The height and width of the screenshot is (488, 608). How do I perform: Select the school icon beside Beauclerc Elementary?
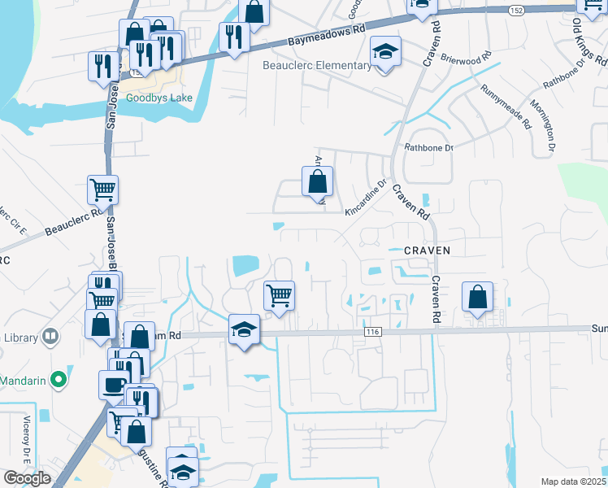tap(385, 52)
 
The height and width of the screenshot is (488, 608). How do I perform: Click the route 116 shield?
tap(373, 331)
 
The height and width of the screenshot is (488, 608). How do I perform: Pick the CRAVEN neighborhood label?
tap(427, 251)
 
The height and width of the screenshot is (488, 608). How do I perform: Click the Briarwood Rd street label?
tap(466, 58)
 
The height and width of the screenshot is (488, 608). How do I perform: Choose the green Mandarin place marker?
tap(58, 379)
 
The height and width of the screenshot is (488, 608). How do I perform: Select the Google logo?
tap(27, 478)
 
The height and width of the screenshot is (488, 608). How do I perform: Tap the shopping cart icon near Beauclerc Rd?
tap(102, 190)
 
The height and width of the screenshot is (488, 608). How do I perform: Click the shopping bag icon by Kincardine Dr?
tap(317, 182)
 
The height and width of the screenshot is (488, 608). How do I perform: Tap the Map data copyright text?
tap(574, 481)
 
